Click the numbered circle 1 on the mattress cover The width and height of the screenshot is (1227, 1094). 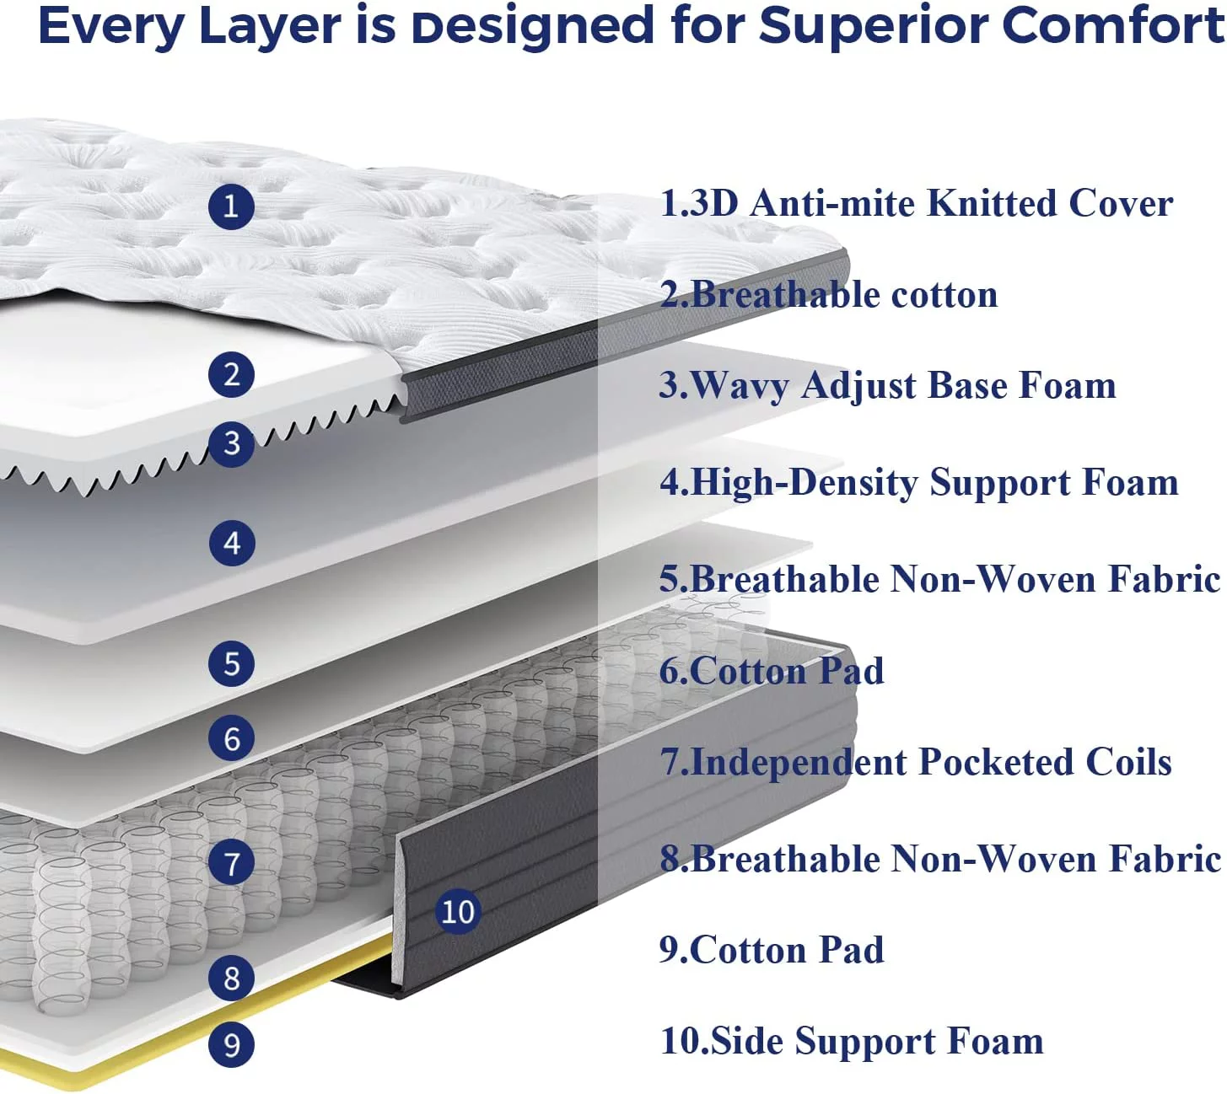(231, 206)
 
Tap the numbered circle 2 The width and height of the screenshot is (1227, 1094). (231, 374)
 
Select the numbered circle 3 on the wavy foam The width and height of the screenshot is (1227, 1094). (231, 444)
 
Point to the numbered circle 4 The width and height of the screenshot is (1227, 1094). (231, 544)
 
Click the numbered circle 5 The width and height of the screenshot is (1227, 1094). (231, 663)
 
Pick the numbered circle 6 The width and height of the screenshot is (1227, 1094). (231, 739)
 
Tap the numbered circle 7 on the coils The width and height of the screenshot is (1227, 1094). (231, 864)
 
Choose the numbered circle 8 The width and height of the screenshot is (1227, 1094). (231, 979)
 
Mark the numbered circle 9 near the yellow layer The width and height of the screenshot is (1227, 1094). (231, 1045)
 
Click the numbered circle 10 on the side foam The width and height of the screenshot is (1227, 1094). (458, 911)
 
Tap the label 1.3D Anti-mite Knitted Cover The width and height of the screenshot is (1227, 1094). (916, 204)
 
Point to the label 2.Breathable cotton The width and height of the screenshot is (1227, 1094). (828, 295)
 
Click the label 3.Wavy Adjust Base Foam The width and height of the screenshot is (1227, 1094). (887, 386)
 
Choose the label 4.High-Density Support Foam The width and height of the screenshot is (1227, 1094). (919, 483)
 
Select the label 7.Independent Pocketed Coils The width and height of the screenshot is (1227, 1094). (916, 762)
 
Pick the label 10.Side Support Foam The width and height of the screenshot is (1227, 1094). (852, 1041)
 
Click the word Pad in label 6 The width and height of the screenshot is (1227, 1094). (852, 671)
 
